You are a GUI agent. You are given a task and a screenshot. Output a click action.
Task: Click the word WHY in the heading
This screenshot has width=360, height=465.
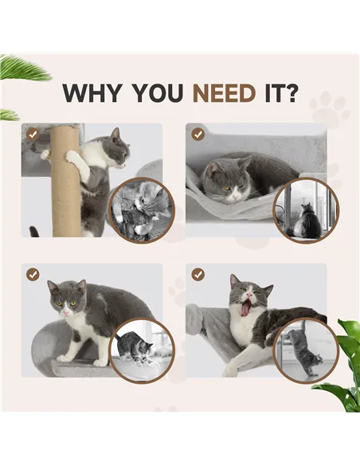(x=89, y=92)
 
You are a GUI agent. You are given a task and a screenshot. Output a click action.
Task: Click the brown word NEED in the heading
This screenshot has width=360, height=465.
(x=222, y=92)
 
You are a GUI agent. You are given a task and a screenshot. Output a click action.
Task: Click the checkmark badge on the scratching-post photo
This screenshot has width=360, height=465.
(x=33, y=135)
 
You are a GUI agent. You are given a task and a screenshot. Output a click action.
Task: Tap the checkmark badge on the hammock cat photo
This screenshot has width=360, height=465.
(x=198, y=135)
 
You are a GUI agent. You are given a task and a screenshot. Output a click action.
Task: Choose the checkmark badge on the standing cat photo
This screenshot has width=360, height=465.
(x=33, y=274)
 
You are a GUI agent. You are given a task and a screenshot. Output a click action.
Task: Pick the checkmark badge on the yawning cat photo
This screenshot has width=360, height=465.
(x=198, y=274)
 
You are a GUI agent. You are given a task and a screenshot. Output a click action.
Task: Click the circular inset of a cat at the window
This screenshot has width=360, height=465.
(x=306, y=210)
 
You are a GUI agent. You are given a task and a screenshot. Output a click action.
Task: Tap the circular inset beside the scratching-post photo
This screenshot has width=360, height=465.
(x=140, y=210)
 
